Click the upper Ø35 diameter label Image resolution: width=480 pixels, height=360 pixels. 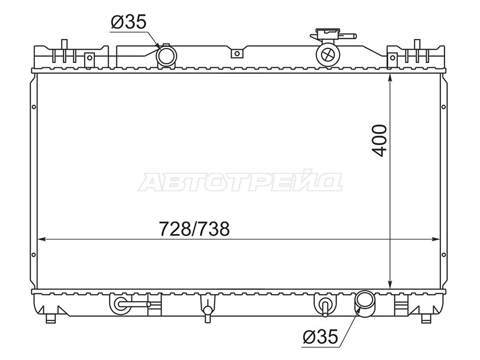[x=129, y=22]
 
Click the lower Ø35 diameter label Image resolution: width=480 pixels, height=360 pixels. [x=320, y=337]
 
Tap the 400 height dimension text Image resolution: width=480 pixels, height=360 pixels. [x=379, y=140]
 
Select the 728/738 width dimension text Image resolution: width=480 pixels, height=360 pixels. [x=194, y=229]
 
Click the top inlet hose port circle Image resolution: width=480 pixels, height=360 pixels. [x=167, y=55]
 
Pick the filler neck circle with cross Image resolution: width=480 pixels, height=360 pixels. [x=328, y=55]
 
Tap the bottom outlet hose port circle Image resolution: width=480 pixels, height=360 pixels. [x=365, y=302]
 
